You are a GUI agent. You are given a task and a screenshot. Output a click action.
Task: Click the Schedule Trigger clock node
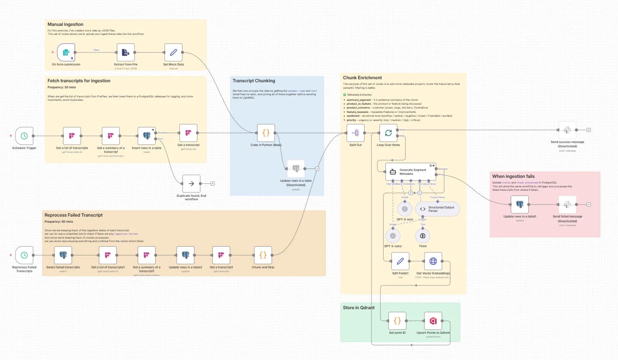pos(24,136)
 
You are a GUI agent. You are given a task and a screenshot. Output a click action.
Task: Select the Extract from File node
pos(125,53)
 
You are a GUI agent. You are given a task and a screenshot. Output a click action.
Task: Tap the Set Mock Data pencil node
pos(173,53)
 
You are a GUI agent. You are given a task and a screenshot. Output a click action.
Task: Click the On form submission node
pos(66,53)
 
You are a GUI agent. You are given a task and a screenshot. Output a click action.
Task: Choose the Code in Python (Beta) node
pos(266,133)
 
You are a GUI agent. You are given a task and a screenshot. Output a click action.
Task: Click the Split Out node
pos(356,133)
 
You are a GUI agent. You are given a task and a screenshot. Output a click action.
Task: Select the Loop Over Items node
pos(388,133)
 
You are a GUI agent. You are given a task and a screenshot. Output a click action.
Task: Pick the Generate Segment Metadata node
pos(411,171)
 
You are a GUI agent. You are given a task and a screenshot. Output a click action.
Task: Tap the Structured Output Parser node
pos(437,209)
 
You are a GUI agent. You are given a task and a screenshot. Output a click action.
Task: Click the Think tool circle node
pos(423,236)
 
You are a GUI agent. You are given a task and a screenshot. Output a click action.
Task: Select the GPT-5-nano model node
pos(393,236)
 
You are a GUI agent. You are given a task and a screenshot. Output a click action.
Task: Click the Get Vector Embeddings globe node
pos(433,261)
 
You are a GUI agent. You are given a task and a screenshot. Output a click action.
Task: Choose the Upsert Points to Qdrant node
pos(433,321)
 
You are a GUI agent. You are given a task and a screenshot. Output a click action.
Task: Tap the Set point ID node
pos(397,321)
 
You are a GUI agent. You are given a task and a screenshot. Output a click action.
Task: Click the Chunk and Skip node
pos(263,255)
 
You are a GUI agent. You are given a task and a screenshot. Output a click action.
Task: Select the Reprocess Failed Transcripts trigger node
pos(24,255)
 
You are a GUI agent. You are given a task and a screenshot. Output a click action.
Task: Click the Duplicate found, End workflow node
pos(191,183)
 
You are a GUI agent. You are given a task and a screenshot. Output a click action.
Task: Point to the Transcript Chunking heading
pos(253,81)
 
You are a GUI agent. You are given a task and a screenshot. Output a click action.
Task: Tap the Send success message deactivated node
pos(568,130)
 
